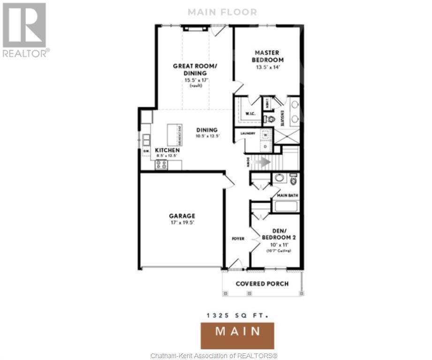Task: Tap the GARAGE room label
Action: pyautogui.click(x=182, y=216)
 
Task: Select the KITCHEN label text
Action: pyautogui.click(x=167, y=150)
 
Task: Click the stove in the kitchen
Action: pyautogui.click(x=162, y=165)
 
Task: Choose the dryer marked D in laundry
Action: pyautogui.click(x=265, y=146)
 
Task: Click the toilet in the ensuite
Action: pyautogui.click(x=270, y=120)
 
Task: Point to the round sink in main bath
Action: pyautogui.click(x=279, y=178)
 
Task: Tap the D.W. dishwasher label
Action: pyautogui.click(x=146, y=150)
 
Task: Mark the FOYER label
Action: pyautogui.click(x=238, y=239)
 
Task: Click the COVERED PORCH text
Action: pyautogui.click(x=262, y=284)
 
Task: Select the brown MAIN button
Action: pyautogui.click(x=237, y=331)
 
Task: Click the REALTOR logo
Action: pyautogui.click(x=25, y=30)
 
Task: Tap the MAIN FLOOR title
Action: pyautogui.click(x=222, y=12)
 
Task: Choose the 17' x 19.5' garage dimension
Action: pyautogui.click(x=182, y=223)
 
